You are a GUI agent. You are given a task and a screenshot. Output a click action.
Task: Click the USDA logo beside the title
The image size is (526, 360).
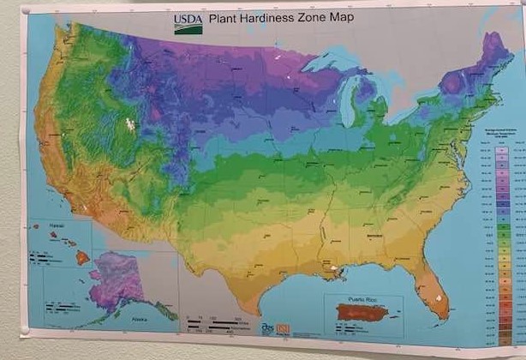click(188, 23)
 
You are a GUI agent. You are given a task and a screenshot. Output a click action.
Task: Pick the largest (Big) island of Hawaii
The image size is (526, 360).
click(82, 256)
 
